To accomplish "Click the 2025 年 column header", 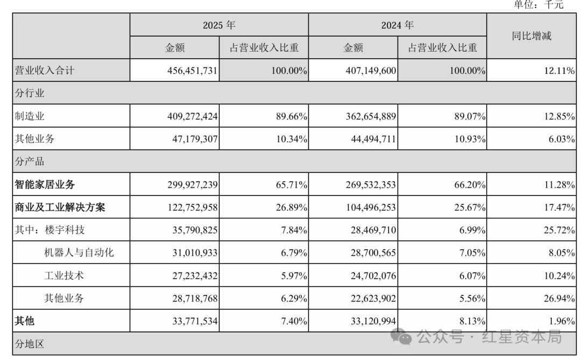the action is pos(219,25).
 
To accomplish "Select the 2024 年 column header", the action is pos(397,25).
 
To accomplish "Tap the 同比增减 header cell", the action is pos(532,36).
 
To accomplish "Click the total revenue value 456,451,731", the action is pos(192,70).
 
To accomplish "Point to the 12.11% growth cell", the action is pos(559,70).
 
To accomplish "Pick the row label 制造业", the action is pos(30,116).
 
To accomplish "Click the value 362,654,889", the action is pos(371,116).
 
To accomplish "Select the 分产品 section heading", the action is pos(30,161).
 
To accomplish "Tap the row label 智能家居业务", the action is pos(45,184).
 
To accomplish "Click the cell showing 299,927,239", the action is pos(192,185).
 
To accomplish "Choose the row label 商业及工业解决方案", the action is pos(60,207).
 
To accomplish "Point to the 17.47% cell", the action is pos(559,207).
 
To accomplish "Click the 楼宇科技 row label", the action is pos(65,230).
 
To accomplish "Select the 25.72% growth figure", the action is pos(559,230).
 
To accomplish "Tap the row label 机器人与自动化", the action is pos(79,252).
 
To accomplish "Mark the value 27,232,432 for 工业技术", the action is pos(195,276).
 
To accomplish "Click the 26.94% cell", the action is pos(559,299).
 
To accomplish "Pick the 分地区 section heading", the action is pos(30,344).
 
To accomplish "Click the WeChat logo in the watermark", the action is pos(401,336).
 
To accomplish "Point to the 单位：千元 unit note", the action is pos(539,4).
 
